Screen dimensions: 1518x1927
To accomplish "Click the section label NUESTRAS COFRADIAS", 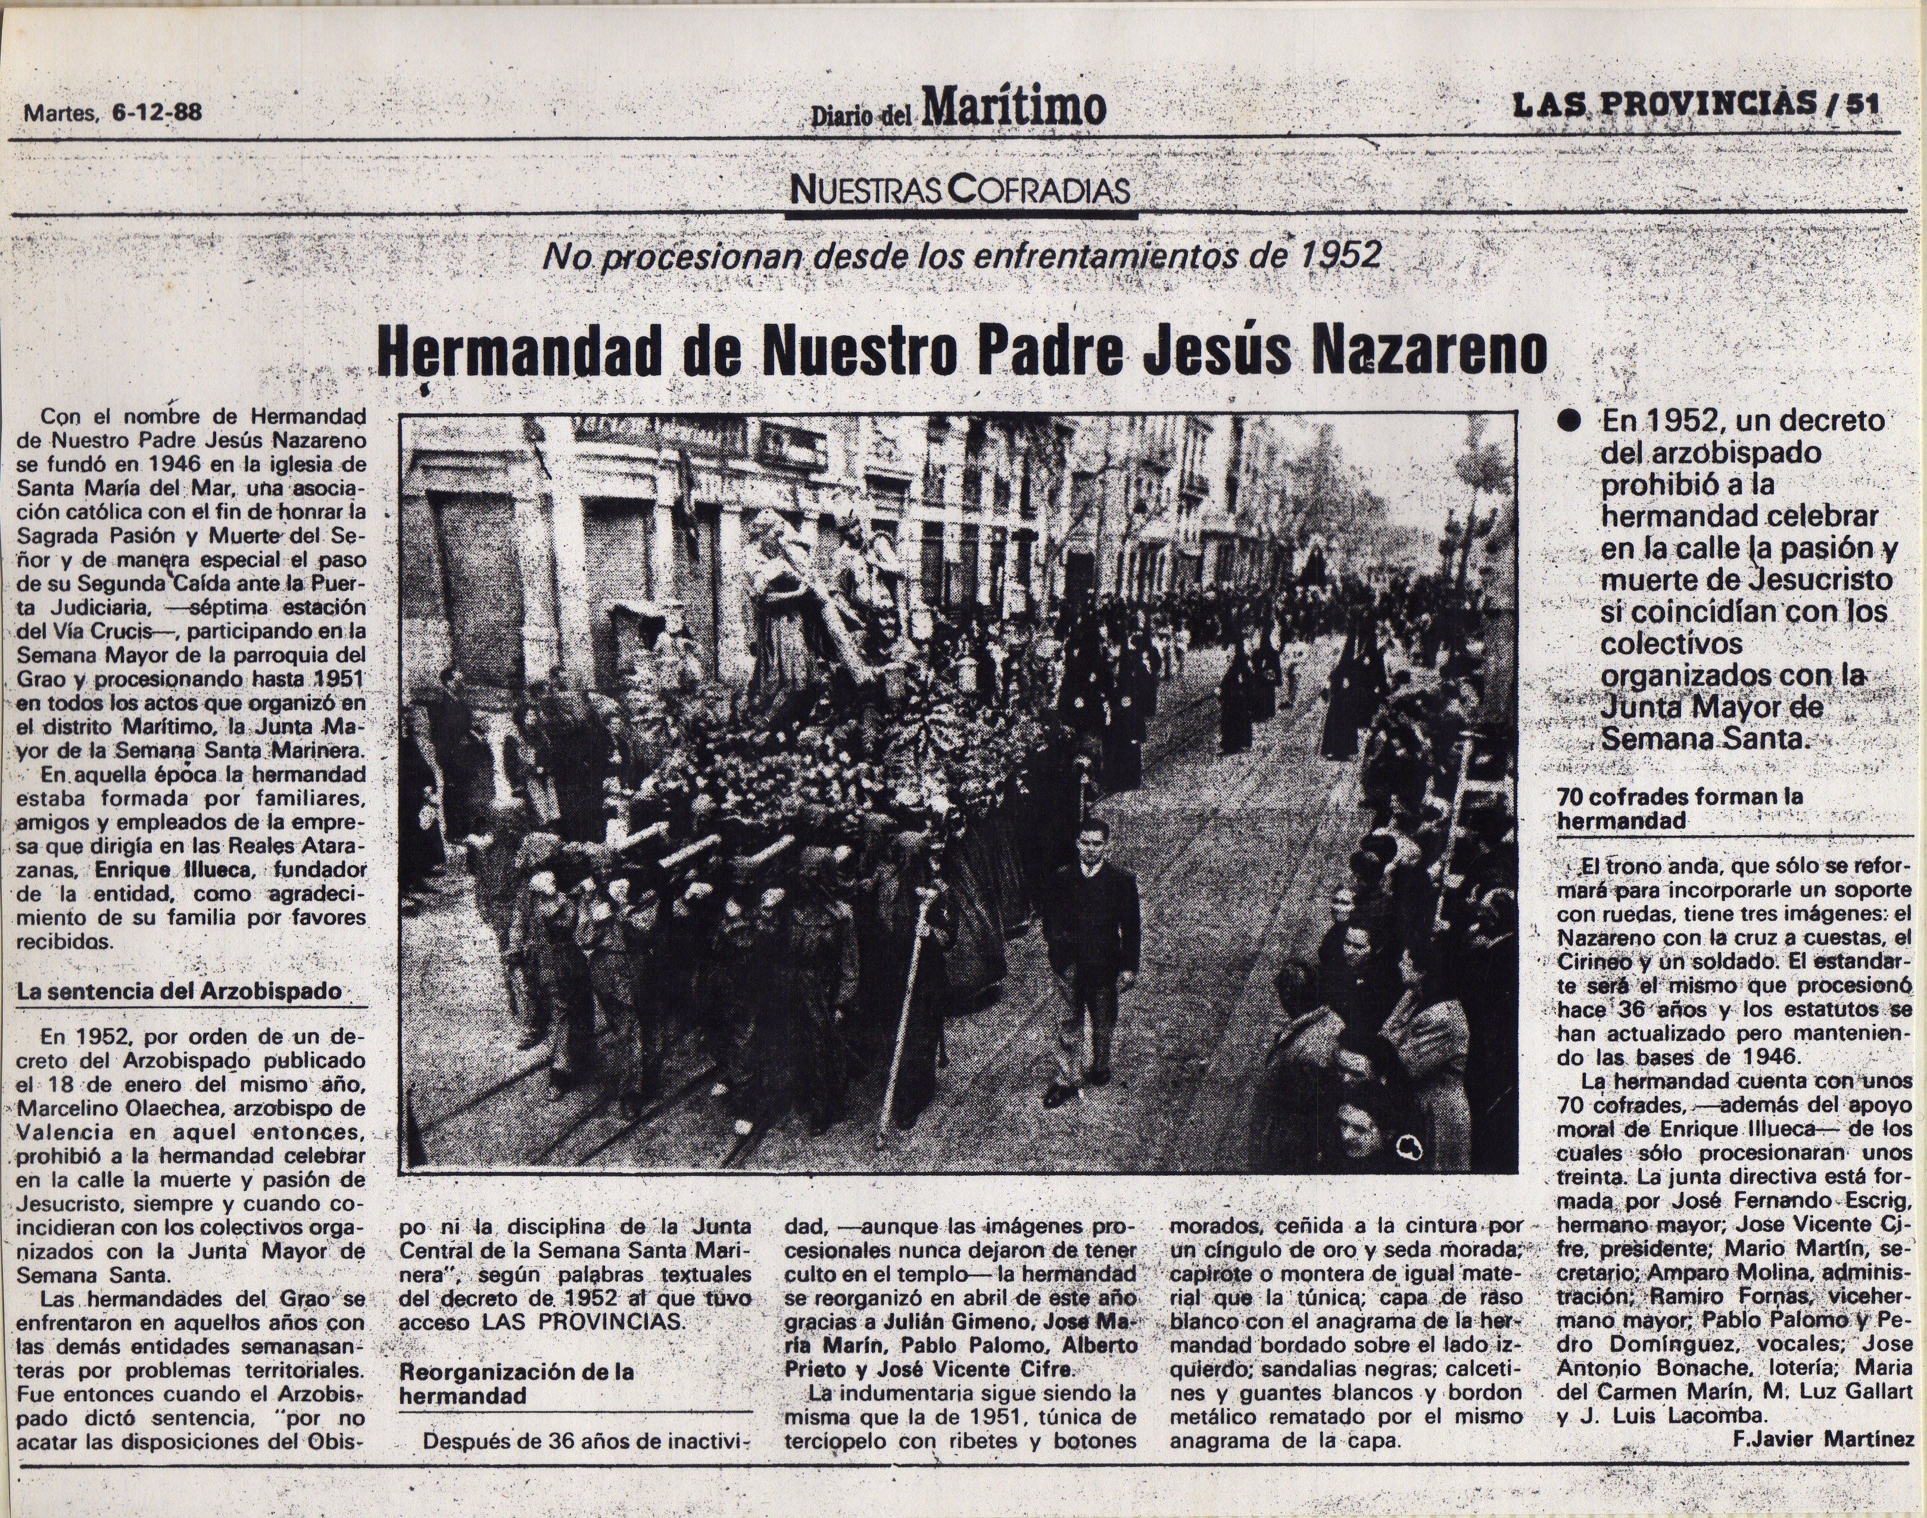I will [960, 190].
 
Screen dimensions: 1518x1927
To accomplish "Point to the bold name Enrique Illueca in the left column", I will [174, 869].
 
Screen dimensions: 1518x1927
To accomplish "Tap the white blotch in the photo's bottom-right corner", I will [1410, 1148].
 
